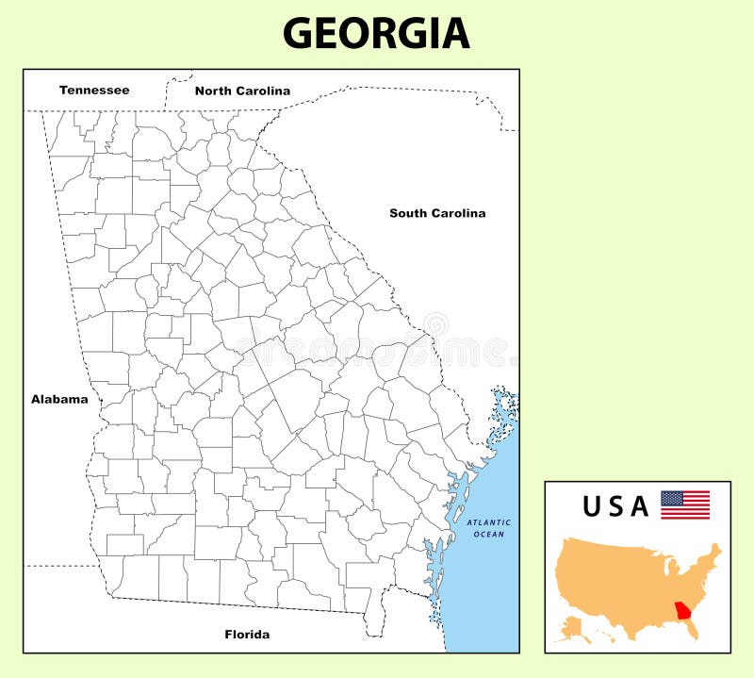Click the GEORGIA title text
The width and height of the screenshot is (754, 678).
tap(376, 33)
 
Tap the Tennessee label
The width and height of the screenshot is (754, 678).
tap(94, 91)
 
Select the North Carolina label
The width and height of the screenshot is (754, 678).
tap(242, 91)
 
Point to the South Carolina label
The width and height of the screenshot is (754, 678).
tap(437, 213)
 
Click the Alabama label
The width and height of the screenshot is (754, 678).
tap(59, 399)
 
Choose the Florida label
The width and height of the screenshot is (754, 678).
tap(247, 635)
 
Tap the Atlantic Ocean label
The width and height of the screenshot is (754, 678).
tap(489, 528)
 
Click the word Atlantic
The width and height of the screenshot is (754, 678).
tap(489, 522)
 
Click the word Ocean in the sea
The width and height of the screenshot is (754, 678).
tap(489, 535)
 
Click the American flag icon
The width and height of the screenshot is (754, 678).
tap(685, 504)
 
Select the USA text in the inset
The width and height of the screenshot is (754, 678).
tap(615, 507)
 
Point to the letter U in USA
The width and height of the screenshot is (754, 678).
tap(592, 507)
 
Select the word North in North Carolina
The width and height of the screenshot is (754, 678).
tap(212, 91)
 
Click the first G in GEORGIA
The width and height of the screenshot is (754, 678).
tap(299, 33)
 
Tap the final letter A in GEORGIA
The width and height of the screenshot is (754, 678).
tap(454, 33)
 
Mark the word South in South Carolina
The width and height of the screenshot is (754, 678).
tap(407, 213)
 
